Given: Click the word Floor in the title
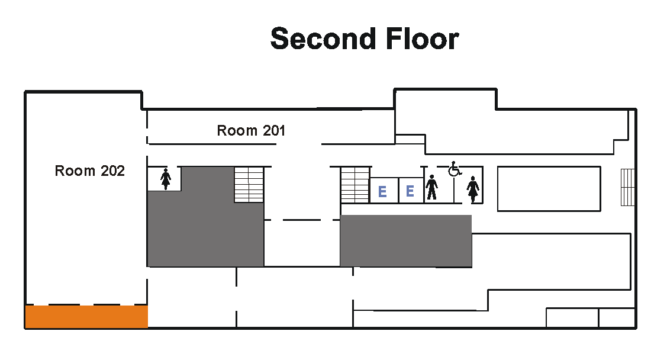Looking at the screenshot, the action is pyautogui.click(x=423, y=38).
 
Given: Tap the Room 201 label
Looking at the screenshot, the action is pyautogui.click(x=251, y=130).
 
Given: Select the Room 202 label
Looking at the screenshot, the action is pyautogui.click(x=90, y=171).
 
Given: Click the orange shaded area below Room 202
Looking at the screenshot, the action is pyautogui.click(x=86, y=317).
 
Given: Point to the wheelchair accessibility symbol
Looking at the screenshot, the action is pyautogui.click(x=455, y=169).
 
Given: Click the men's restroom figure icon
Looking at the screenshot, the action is pyautogui.click(x=432, y=187).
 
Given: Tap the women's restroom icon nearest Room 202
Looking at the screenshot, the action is pyautogui.click(x=166, y=179).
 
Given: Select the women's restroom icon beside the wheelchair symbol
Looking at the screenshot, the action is pyautogui.click(x=473, y=189).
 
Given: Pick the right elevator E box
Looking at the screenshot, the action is pyautogui.click(x=411, y=190).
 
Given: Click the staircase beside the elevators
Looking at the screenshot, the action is pyautogui.click(x=355, y=185).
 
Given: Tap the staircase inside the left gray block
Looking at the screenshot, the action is pyautogui.click(x=249, y=184).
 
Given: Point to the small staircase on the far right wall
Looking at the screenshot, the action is pyautogui.click(x=627, y=187).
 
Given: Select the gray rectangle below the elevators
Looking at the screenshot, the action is pyautogui.click(x=406, y=241).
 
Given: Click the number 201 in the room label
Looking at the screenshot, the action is pyautogui.click(x=274, y=130).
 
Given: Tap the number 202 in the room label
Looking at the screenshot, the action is pyautogui.click(x=112, y=171).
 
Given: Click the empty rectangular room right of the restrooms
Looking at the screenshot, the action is pyautogui.click(x=549, y=188).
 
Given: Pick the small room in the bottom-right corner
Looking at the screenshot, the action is pyautogui.click(x=617, y=317).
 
